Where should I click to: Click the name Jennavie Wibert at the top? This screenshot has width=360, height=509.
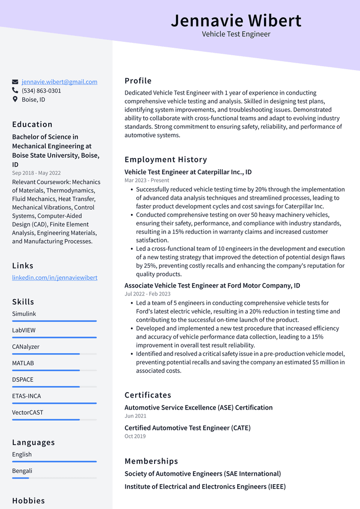[x=236, y=20]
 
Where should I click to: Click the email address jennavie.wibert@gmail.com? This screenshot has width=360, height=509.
[x=59, y=82]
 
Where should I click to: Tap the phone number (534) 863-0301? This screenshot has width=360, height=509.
[x=41, y=91]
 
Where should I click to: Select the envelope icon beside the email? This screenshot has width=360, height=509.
[x=15, y=82]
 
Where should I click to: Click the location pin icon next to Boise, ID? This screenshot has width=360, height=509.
[x=15, y=100]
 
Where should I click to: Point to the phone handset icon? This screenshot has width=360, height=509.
[x=15, y=91]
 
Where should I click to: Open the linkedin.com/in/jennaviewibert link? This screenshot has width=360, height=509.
[x=55, y=278]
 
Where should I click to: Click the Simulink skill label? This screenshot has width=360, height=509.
[x=24, y=314]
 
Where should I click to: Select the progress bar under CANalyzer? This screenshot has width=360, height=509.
[x=54, y=354]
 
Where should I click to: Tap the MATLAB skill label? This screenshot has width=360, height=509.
[x=23, y=363]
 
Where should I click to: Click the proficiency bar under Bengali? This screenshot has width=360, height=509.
[x=54, y=478]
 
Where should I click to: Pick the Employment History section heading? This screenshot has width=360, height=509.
[x=166, y=160]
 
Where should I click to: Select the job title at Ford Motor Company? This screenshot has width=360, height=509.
[x=212, y=286]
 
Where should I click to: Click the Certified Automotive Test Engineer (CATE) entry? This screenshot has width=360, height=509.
[x=187, y=428]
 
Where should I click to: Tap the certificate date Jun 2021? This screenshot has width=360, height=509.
[x=135, y=416]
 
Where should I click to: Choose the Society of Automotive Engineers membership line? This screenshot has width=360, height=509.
[x=202, y=474]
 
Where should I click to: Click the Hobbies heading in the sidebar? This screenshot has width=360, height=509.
[x=28, y=501]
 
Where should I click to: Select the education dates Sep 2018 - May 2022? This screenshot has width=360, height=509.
[x=36, y=173]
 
